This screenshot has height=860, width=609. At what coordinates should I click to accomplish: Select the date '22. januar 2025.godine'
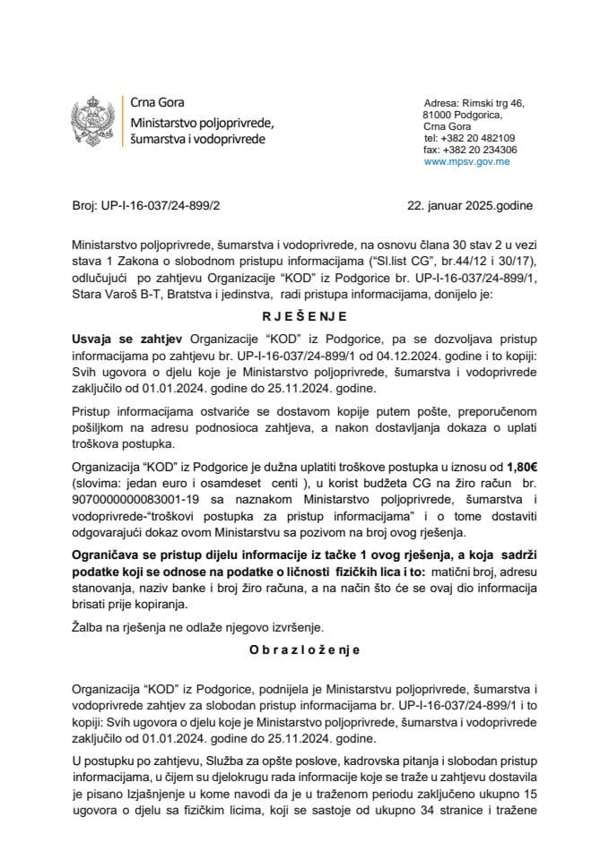[469, 205]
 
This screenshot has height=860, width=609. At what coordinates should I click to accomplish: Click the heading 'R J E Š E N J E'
[305, 315]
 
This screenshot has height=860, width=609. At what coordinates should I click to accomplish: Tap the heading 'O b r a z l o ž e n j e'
[305, 655]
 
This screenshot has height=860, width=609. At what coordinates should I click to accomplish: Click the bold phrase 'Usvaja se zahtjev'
[124, 337]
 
